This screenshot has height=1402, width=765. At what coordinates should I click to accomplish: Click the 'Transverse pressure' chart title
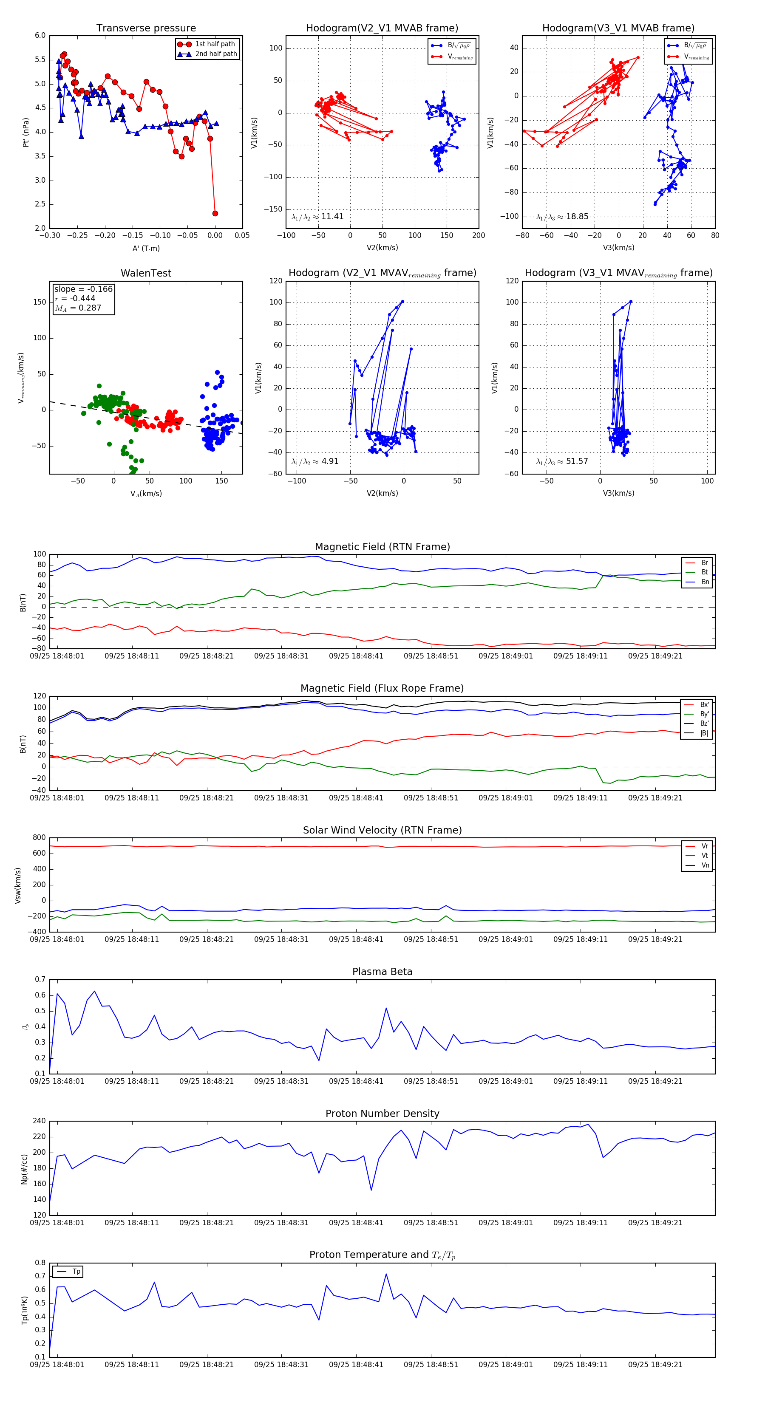click(x=146, y=28)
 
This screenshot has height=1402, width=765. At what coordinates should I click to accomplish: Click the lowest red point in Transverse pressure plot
click(x=215, y=213)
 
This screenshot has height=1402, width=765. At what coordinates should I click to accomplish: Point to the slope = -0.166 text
click(x=83, y=289)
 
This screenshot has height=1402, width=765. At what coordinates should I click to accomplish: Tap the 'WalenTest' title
click(x=146, y=273)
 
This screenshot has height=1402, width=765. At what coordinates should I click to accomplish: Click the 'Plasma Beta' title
click(x=382, y=972)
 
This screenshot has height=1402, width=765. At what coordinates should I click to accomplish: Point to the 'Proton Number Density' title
click(x=382, y=1113)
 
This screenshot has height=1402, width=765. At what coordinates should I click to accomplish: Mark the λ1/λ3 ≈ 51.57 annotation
click(x=562, y=461)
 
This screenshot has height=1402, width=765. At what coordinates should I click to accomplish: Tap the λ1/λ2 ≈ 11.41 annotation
click(x=317, y=217)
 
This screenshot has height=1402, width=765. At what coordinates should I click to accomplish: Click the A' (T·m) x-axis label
click(x=146, y=248)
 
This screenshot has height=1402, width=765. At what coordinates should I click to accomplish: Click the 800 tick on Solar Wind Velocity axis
click(x=39, y=838)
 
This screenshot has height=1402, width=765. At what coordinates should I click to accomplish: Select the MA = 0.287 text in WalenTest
click(x=78, y=308)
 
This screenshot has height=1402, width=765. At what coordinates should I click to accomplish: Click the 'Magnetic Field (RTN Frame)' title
click(x=382, y=547)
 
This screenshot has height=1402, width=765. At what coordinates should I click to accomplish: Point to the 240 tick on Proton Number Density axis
click(x=39, y=1121)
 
